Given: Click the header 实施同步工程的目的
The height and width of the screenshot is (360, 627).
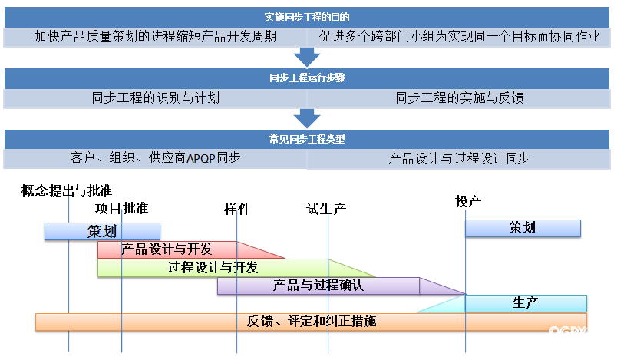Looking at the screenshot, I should pyautogui.click(x=307, y=17).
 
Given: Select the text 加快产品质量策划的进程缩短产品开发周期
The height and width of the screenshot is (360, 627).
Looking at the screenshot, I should pyautogui.click(x=156, y=36).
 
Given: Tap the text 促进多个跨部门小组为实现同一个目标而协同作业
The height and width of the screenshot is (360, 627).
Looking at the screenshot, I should pyautogui.click(x=459, y=36).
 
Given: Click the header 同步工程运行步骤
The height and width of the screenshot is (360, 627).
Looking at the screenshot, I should pyautogui.click(x=307, y=78).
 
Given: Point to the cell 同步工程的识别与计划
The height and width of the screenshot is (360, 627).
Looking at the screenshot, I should pyautogui.click(x=156, y=97).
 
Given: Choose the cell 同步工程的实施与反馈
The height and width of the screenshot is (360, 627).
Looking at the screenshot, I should pyautogui.click(x=459, y=97).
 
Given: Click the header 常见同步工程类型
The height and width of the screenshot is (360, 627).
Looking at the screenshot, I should pyautogui.click(x=307, y=140).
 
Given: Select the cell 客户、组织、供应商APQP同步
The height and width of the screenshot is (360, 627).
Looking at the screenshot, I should pyautogui.click(x=156, y=159).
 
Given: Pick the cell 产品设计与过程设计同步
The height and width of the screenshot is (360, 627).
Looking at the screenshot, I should pyautogui.click(x=459, y=159).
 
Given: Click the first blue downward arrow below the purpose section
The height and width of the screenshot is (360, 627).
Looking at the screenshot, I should pyautogui.click(x=307, y=56).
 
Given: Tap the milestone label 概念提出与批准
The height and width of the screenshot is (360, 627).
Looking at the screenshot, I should pyautogui.click(x=71, y=191).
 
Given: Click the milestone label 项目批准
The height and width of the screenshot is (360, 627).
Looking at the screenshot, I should pyautogui.click(x=122, y=209).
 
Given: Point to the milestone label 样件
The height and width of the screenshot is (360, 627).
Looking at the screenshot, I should pyautogui.click(x=237, y=209).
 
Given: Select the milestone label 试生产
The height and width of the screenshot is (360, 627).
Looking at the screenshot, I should pyautogui.click(x=327, y=209).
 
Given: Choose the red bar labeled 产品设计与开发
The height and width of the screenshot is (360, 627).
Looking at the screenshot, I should pyautogui.click(x=167, y=249).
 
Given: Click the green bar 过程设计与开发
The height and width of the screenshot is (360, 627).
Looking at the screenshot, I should pyautogui.click(x=213, y=268).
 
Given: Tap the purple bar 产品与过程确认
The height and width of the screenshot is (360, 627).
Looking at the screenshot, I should pyautogui.click(x=318, y=286).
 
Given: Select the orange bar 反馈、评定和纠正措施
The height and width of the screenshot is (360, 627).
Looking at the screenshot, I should pyautogui.click(x=311, y=322).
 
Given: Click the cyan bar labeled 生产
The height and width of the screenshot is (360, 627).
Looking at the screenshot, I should pyautogui.click(x=526, y=303).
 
